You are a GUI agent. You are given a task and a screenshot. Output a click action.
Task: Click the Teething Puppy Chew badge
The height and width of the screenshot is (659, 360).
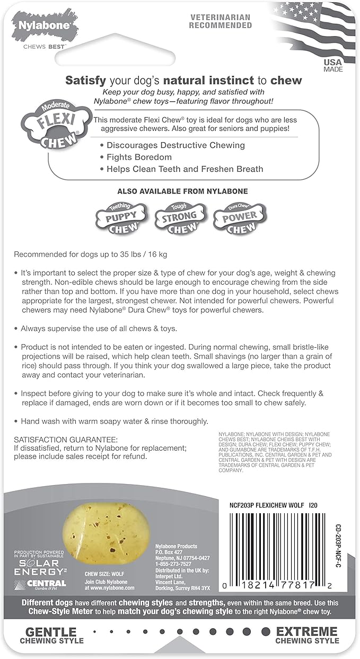click(x=119, y=218)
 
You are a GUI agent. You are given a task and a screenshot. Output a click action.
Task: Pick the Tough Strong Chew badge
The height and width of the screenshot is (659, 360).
click(x=179, y=218)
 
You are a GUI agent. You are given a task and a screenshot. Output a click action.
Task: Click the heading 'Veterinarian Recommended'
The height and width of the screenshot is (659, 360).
click(x=221, y=22)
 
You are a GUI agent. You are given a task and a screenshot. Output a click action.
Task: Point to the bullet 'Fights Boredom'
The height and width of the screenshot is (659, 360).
click(x=139, y=157)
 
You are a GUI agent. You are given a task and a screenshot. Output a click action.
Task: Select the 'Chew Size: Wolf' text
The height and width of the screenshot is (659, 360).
click(x=104, y=573)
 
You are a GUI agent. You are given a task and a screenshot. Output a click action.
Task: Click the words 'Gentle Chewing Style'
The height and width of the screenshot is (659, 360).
click(x=51, y=635)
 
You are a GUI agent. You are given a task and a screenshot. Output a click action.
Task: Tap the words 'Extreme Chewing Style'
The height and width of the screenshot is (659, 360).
click(x=306, y=635)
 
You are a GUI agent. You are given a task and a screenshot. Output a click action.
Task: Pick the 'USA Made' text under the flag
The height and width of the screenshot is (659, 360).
click(x=333, y=66)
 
